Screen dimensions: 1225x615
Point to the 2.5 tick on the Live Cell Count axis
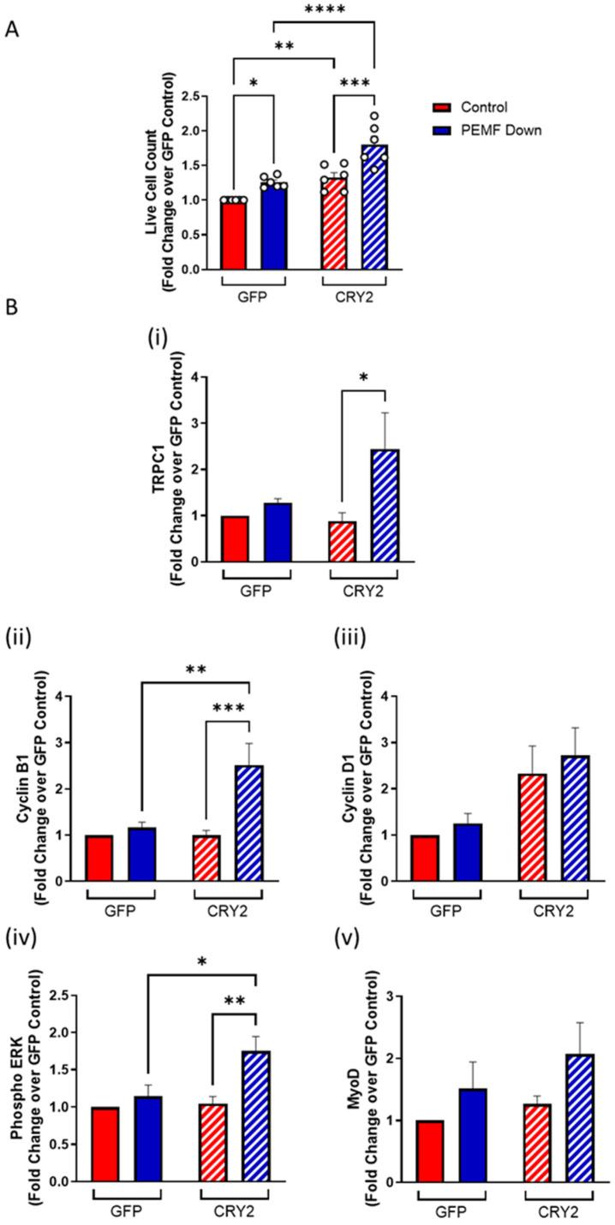(x=203, y=95)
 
